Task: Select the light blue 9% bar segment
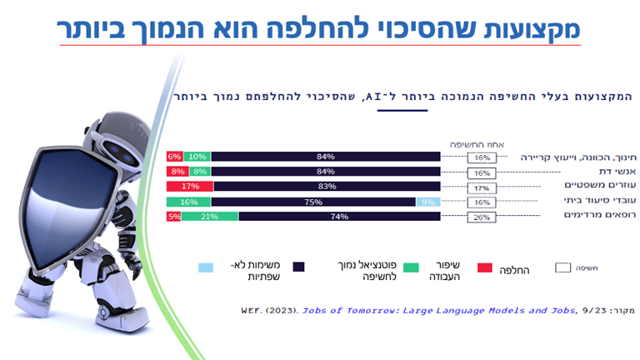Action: [x=427, y=202]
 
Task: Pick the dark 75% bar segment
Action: [x=313, y=202]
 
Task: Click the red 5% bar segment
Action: [x=173, y=217]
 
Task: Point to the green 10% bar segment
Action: [x=197, y=157]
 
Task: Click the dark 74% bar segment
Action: [x=339, y=217]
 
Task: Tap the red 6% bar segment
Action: [x=174, y=157]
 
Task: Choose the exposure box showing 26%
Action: [x=482, y=217]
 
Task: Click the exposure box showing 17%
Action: [x=482, y=187]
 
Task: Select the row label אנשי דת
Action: [x=574, y=172]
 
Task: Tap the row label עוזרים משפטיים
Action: [x=555, y=187]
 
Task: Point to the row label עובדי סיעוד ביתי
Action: [x=554, y=202]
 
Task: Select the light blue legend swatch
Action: [x=205, y=267]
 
